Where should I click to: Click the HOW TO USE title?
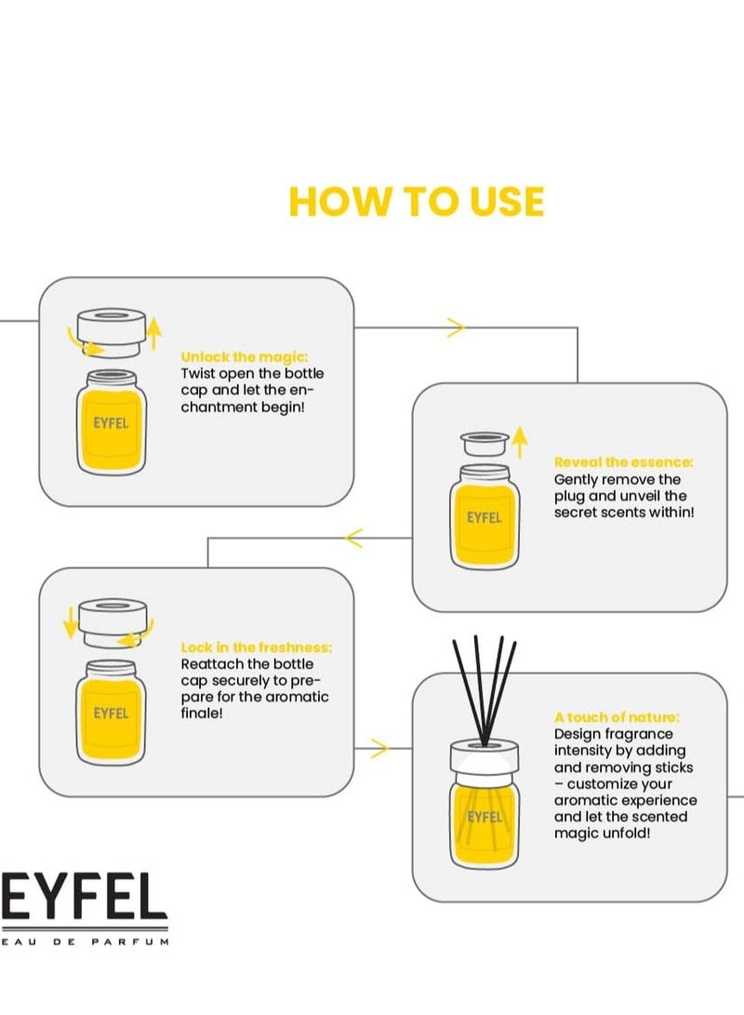click(416, 201)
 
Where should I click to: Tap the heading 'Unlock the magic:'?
click(245, 356)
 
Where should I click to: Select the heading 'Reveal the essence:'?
click(624, 462)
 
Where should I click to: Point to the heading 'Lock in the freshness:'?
click(256, 648)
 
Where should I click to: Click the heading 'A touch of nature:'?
click(617, 717)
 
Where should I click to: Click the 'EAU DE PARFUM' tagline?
click(85, 942)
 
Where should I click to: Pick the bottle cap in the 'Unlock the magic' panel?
click(111, 331)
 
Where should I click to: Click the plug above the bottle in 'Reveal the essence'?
click(485, 444)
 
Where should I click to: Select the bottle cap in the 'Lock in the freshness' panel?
click(113, 622)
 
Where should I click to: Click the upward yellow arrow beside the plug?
click(520, 443)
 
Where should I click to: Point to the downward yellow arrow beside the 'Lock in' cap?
click(70, 622)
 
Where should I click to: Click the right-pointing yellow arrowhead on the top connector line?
click(456, 327)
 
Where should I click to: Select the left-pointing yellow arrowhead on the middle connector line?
click(354, 538)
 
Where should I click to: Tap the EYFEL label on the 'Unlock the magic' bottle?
click(111, 423)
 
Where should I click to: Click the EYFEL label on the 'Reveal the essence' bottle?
click(485, 518)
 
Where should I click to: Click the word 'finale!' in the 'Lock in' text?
click(202, 714)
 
